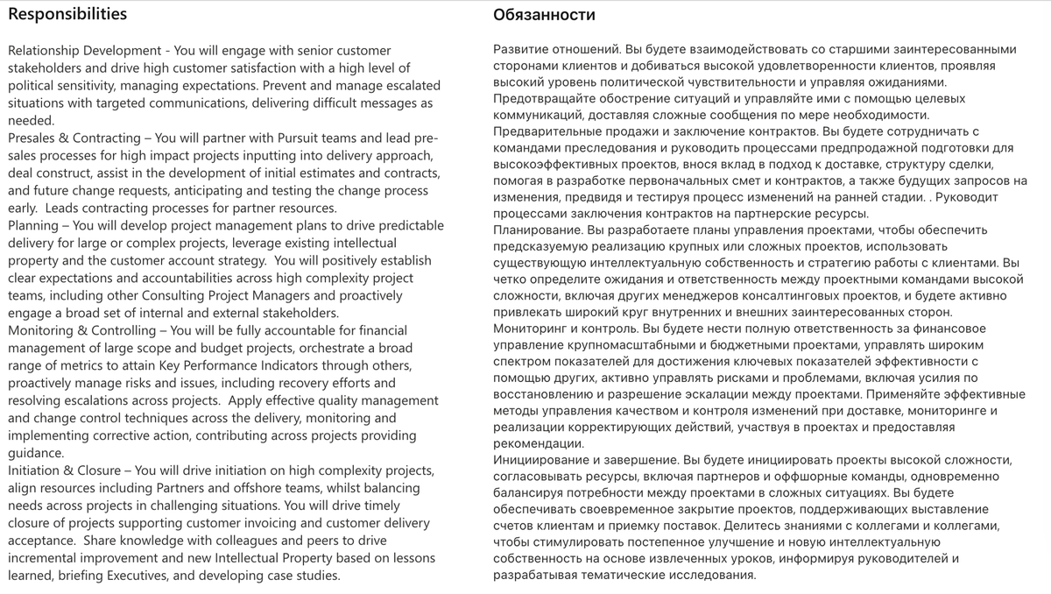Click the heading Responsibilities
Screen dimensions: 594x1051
pos(67,14)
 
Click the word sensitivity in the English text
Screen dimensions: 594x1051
pos(96,86)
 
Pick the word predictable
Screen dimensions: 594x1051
pos(406,225)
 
